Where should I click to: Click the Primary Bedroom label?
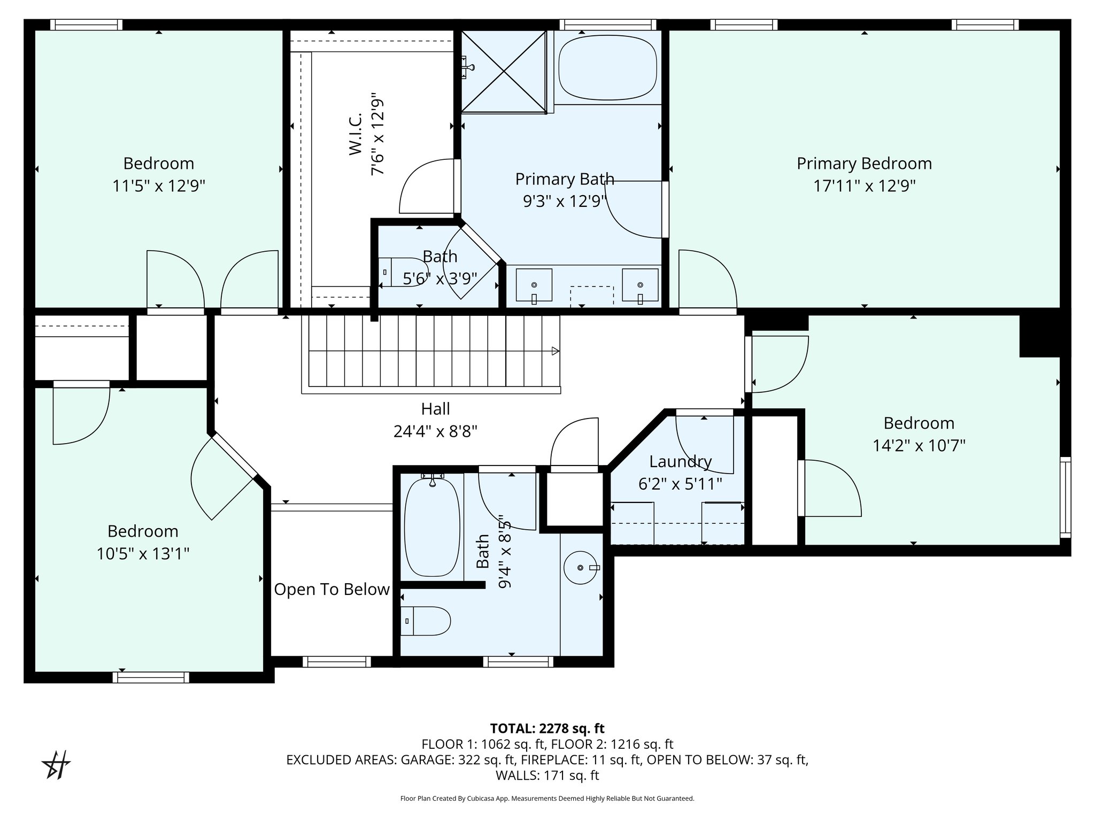click(864, 164)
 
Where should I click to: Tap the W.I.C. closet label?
click(356, 135)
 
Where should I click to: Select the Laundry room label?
click(680, 461)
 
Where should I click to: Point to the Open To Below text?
click(331, 590)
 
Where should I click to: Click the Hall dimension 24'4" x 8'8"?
click(435, 431)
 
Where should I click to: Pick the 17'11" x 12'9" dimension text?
click(865, 186)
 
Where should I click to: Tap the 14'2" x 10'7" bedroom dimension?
click(919, 445)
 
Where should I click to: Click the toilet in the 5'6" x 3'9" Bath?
click(403, 272)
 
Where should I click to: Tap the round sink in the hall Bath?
click(581, 567)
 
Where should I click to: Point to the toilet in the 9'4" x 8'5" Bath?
click(426, 621)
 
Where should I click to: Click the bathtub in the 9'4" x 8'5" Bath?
click(432, 527)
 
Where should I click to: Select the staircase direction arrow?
click(556, 351)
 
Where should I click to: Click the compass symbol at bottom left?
click(56, 765)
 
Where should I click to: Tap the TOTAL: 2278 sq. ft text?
click(547, 728)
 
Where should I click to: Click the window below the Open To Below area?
click(337, 662)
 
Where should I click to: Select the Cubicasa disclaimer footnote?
click(547, 799)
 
